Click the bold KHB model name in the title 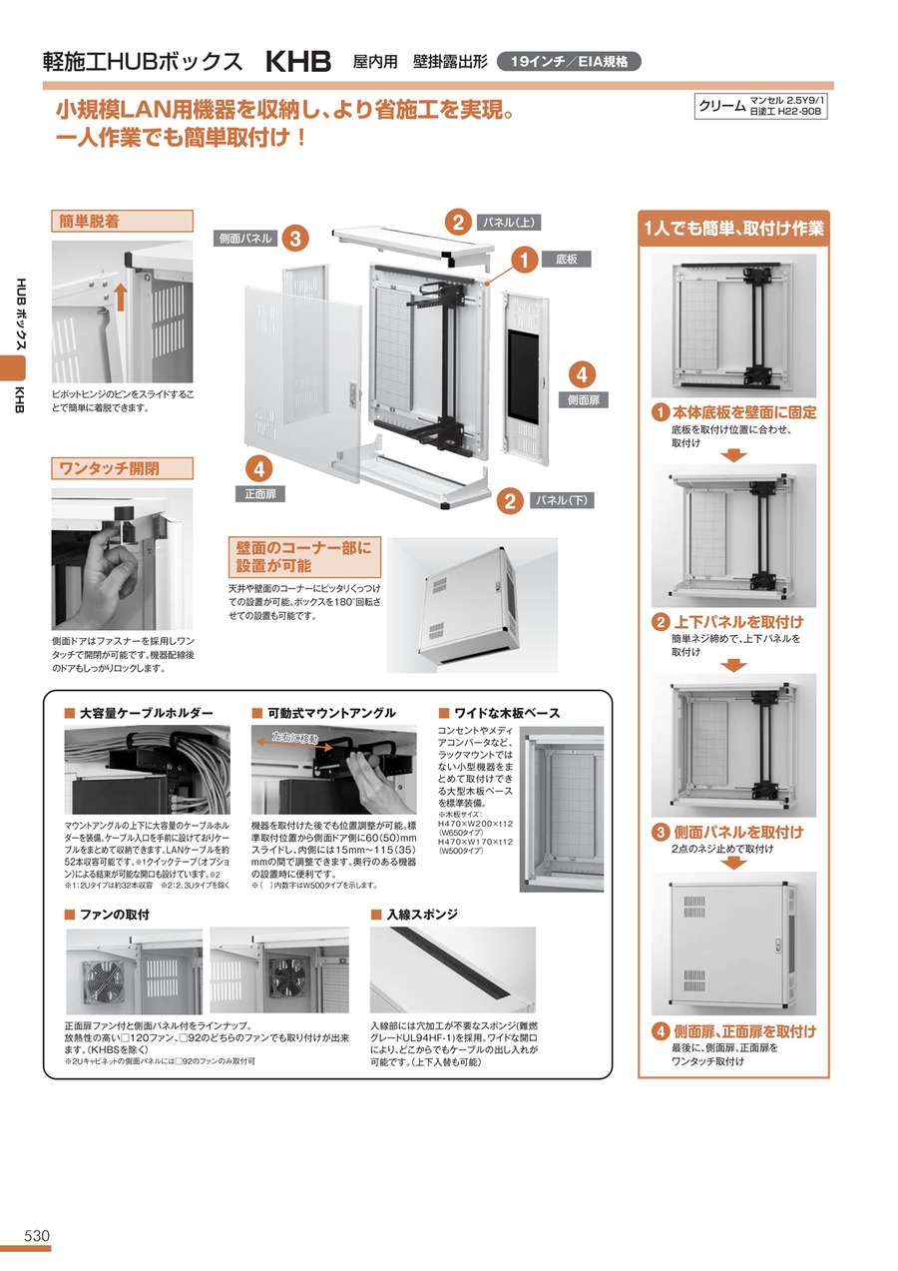(298, 61)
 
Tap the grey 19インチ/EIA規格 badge (569, 61)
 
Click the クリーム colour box (760, 106)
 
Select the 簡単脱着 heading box (122, 221)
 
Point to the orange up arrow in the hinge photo (120, 298)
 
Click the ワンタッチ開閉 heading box (122, 468)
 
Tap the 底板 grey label (566, 260)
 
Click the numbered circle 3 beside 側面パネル (295, 239)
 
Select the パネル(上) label (508, 223)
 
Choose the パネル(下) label (562, 500)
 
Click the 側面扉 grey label (584, 400)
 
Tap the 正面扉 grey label (260, 493)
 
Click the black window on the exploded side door (523, 376)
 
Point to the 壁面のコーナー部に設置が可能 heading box (304, 557)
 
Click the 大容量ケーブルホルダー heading (147, 713)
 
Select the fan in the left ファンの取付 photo (104, 973)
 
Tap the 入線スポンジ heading (422, 915)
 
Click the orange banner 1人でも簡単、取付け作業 (733, 228)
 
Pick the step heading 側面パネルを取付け (738, 832)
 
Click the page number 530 (37, 1235)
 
